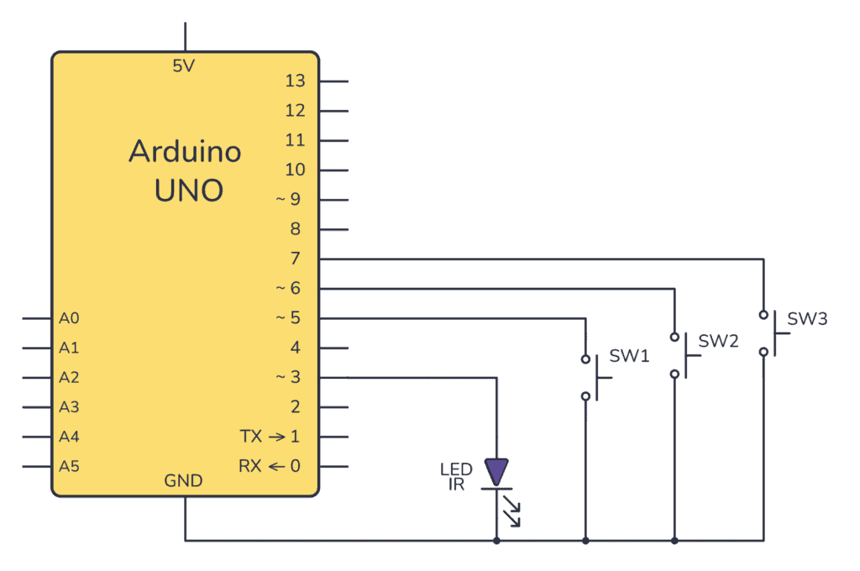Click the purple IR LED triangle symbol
(x=497, y=472)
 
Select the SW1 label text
(x=629, y=356)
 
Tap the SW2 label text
(x=718, y=341)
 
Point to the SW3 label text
(x=807, y=320)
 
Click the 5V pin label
(x=183, y=66)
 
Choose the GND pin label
(x=183, y=481)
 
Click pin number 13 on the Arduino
(x=295, y=81)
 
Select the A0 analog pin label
(x=69, y=319)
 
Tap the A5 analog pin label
(x=69, y=466)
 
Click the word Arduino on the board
(x=185, y=152)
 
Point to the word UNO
(x=188, y=191)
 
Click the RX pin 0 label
(x=270, y=466)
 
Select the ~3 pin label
(x=288, y=378)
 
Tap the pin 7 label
(x=295, y=259)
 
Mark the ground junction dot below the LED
(x=497, y=540)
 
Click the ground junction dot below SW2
(x=674, y=540)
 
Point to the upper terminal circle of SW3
(x=763, y=315)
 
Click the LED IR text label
(x=456, y=476)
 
